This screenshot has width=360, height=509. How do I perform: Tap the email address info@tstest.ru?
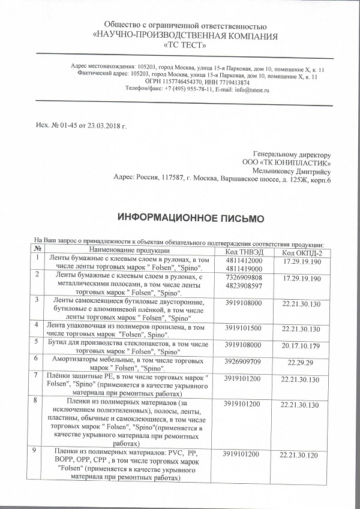[241, 89]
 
